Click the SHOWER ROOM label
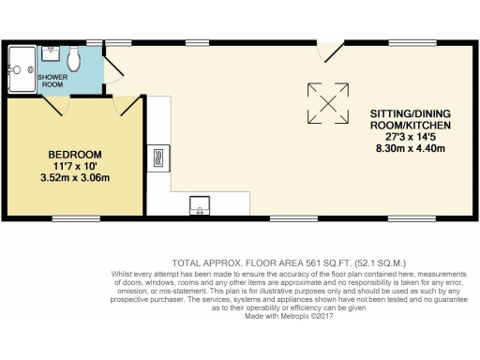click(52, 79)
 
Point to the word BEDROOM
click(74, 154)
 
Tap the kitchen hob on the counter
click(157, 156)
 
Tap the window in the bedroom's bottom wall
click(75, 218)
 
